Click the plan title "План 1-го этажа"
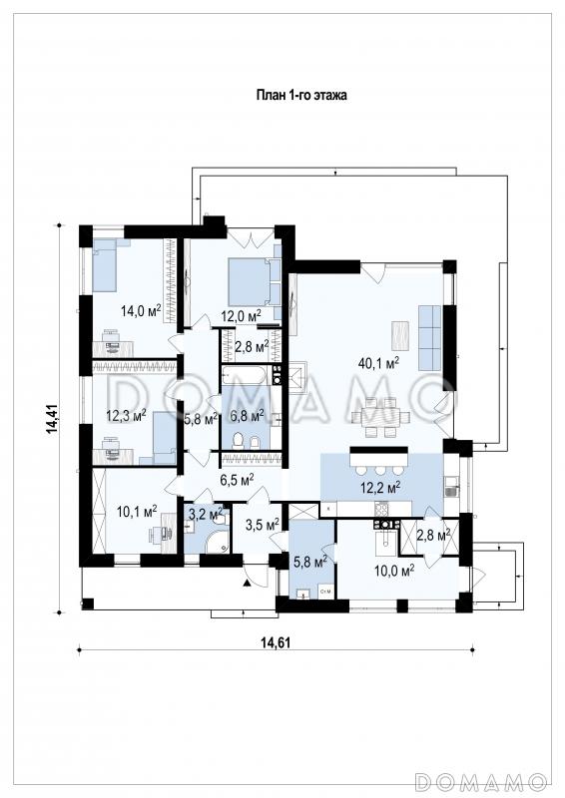301,95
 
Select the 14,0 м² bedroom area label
141,310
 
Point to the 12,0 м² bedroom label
241,316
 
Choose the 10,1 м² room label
137,511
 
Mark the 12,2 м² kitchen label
380,488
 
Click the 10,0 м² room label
394,571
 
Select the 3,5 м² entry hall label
262,525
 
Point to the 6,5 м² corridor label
237,479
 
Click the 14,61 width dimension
276,642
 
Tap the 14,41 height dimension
52,419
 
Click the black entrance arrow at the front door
248,583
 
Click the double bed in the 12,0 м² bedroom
249,281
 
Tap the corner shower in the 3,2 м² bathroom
218,544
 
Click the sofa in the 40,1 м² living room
429,338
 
